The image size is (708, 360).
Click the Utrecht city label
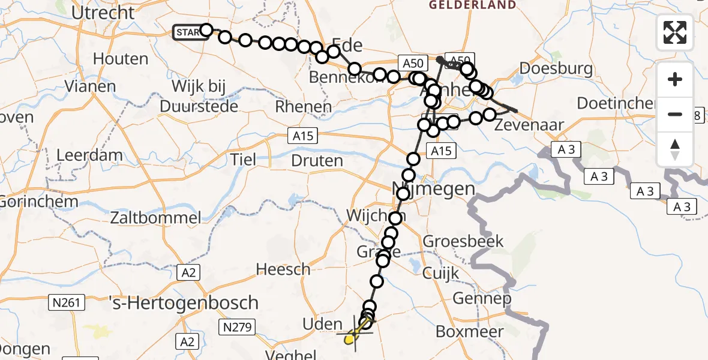(x=103, y=12)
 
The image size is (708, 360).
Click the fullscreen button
(x=675, y=32)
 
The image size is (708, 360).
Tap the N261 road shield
(x=66, y=302)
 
